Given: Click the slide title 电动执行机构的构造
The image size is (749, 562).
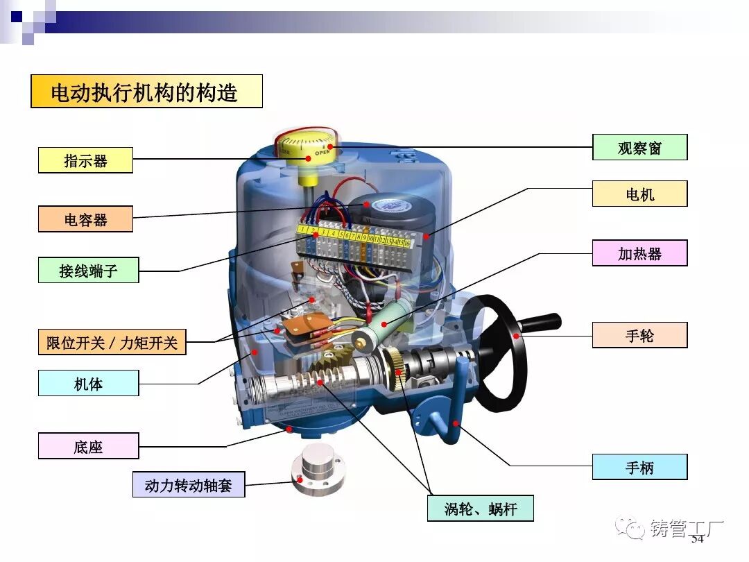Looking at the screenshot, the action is pos(146,92).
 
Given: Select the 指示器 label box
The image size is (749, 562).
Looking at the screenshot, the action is pos(85,160).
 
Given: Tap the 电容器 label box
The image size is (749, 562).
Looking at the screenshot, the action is pos(85,219).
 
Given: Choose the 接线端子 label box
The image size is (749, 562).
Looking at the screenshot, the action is pos(88,270).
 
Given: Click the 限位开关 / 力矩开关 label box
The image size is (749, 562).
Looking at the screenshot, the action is pos(112,342).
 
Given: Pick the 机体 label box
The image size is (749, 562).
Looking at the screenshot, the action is pos(88,383).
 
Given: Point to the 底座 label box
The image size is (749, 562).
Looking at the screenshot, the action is pos(88,446).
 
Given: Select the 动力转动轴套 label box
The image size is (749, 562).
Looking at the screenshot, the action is pos(188,484).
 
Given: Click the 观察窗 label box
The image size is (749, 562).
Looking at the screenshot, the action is pos(639,147).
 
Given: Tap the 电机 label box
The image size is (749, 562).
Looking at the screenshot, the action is pos(639,194).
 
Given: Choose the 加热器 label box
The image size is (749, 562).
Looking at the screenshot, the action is pos(639,253).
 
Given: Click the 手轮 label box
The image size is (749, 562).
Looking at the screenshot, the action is pos(639,335).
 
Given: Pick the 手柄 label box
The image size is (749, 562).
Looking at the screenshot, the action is pos(639,467).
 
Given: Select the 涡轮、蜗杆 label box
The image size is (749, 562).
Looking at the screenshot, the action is pos(480,509).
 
